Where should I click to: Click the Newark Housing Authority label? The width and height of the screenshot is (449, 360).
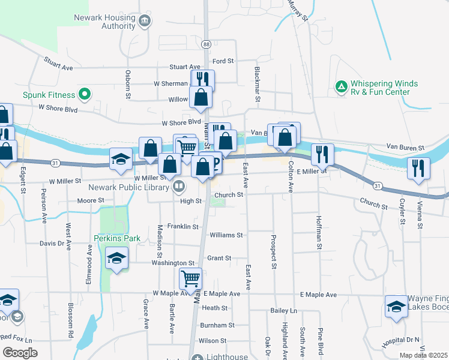(104, 22)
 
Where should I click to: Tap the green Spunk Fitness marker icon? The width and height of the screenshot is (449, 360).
(84, 94)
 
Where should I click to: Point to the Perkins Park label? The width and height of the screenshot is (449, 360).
(117, 238)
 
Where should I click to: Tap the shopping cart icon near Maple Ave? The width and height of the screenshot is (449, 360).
(190, 278)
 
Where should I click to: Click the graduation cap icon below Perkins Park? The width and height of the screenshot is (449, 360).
(116, 260)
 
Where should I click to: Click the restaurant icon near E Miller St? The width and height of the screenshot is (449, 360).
(322, 154)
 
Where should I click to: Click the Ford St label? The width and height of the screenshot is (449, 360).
(223, 61)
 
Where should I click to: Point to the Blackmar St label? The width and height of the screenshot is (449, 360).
(256, 76)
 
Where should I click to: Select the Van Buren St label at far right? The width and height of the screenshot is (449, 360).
(405, 147)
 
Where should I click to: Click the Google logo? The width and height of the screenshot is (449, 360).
(20, 352)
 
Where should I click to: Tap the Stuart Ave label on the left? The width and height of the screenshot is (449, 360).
(58, 64)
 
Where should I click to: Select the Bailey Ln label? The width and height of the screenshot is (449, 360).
(284, 310)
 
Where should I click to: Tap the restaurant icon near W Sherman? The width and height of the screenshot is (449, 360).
(202, 79)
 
